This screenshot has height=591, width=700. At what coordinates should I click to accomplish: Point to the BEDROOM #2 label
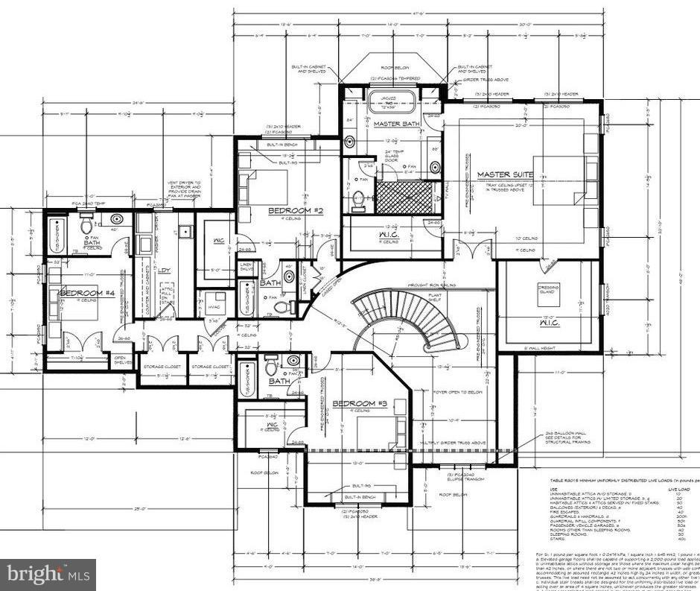(x=296, y=212)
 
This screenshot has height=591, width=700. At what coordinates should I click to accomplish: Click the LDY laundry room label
(x=162, y=271)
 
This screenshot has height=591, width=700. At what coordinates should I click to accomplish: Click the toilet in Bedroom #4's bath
(x=87, y=221)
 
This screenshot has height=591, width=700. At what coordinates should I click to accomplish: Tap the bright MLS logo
(x=46, y=575)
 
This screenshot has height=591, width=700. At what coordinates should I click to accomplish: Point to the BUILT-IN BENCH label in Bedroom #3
(x=358, y=496)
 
